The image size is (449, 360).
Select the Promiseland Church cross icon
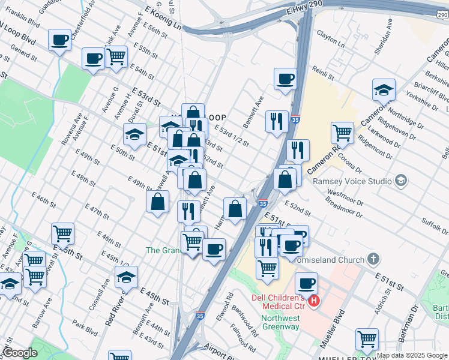tap(373, 260)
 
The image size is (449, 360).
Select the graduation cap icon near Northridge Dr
tap(384, 89)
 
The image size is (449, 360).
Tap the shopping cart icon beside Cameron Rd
tap(342, 132)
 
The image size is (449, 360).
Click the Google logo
tap(20, 353)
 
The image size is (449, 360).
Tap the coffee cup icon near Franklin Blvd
tap(59, 40)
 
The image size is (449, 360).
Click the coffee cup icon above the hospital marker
tap(306, 283)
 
